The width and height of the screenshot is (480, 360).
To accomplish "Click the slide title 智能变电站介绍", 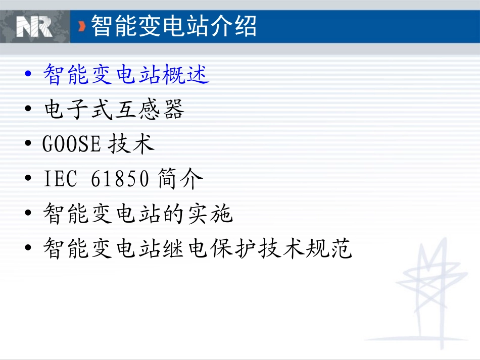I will click(174, 26).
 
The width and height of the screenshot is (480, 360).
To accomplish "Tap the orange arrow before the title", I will click(82, 26).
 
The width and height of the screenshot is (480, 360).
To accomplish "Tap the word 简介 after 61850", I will click(180, 180).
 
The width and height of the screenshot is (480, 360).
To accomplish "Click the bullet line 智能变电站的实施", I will click(138, 214).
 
